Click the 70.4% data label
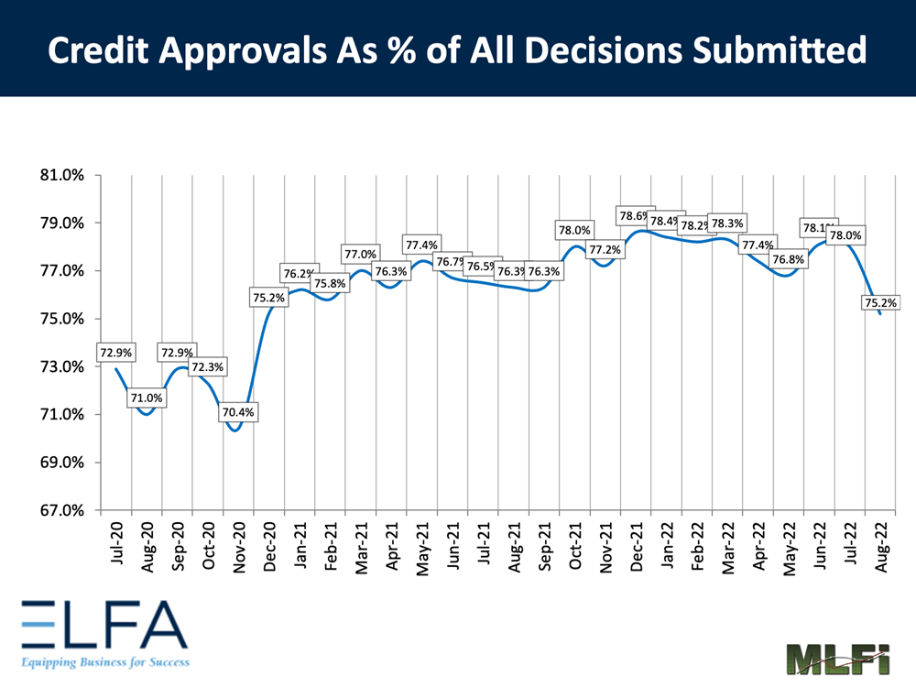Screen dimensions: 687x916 (x=238, y=412)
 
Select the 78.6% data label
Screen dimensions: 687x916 (x=635, y=216)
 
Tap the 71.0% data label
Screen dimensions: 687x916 (x=147, y=398)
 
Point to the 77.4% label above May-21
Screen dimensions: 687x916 (x=421, y=245)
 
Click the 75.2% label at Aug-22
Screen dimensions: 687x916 (x=879, y=302)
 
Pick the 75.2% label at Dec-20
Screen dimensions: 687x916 (x=268, y=297)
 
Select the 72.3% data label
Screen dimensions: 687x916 (x=207, y=366)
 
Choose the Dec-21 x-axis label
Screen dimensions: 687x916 (x=636, y=548)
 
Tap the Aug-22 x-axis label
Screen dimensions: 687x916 (x=880, y=548)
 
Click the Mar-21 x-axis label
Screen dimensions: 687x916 (x=361, y=548)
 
